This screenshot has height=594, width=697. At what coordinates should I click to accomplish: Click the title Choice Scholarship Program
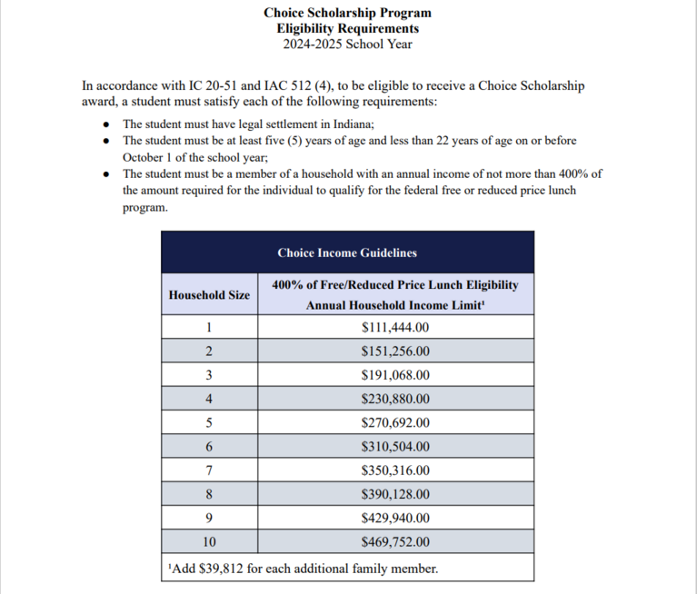pyautogui.click(x=348, y=13)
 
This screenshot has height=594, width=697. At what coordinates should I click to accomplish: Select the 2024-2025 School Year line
pyautogui.click(x=348, y=44)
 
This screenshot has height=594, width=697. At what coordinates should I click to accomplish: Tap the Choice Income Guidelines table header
pyautogui.click(x=347, y=252)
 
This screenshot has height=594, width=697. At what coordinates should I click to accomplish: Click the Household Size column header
pyautogui.click(x=209, y=295)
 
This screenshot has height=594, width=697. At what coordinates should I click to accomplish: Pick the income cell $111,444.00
pyautogui.click(x=395, y=328)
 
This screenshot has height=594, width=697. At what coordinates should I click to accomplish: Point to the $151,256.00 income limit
pyautogui.click(x=395, y=351)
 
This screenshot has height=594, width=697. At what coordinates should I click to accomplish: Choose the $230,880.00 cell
pyautogui.click(x=395, y=399)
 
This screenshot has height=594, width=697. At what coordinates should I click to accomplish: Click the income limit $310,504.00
pyautogui.click(x=395, y=447)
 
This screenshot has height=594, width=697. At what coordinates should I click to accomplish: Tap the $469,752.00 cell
pyautogui.click(x=395, y=543)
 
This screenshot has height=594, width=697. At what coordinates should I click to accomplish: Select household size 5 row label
pyautogui.click(x=209, y=423)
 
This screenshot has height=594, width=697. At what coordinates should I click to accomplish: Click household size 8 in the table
pyautogui.click(x=209, y=495)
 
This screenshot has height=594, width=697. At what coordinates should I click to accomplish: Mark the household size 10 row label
pyautogui.click(x=209, y=543)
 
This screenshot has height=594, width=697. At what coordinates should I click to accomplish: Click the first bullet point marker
pyautogui.click(x=108, y=124)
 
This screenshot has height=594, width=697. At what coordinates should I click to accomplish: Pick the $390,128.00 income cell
pyautogui.click(x=395, y=495)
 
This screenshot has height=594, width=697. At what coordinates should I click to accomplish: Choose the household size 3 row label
pyautogui.click(x=209, y=375)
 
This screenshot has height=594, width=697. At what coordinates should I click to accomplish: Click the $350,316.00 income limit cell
pyautogui.click(x=395, y=470)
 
